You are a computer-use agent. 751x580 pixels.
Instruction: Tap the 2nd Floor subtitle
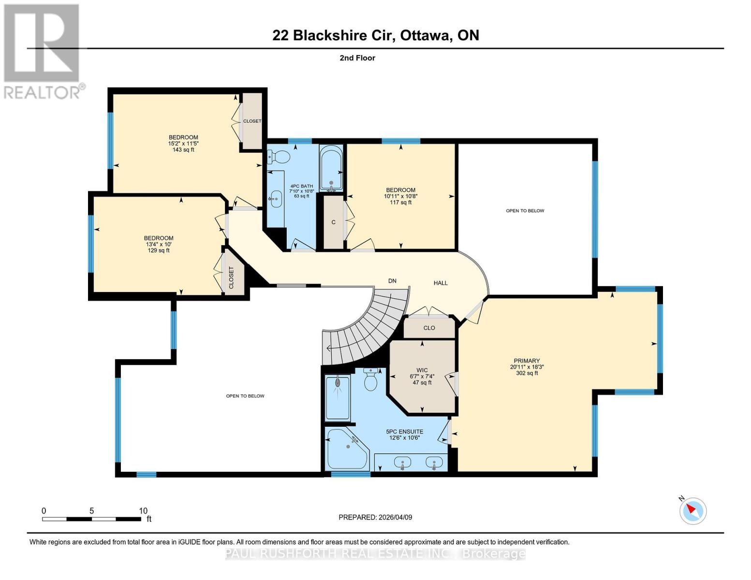tap(357, 58)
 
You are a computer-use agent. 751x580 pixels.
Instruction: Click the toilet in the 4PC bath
tap(278, 157)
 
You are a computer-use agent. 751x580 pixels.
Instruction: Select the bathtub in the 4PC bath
tap(331, 169)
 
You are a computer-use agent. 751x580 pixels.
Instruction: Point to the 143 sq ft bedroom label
tap(183, 144)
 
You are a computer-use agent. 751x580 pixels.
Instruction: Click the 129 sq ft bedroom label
tap(159, 244)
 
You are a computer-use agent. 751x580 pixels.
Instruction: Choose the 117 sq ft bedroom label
tap(400, 196)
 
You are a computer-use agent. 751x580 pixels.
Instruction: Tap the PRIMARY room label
tap(527, 367)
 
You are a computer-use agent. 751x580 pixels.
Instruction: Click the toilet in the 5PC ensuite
tap(371, 380)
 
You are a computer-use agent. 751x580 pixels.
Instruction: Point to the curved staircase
tap(368, 329)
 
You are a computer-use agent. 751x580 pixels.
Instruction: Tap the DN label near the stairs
tap(392, 281)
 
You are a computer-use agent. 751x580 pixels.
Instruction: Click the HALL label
tap(440, 283)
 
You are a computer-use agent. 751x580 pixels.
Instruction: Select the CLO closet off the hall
tap(429, 328)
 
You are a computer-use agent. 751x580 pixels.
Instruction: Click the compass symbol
tap(692, 510)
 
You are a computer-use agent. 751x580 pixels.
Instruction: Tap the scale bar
tap(91, 519)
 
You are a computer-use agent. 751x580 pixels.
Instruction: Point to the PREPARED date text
tap(375, 517)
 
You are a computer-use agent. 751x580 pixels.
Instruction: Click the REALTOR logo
tap(42, 51)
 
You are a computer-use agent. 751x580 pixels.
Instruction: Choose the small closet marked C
tap(333, 222)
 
